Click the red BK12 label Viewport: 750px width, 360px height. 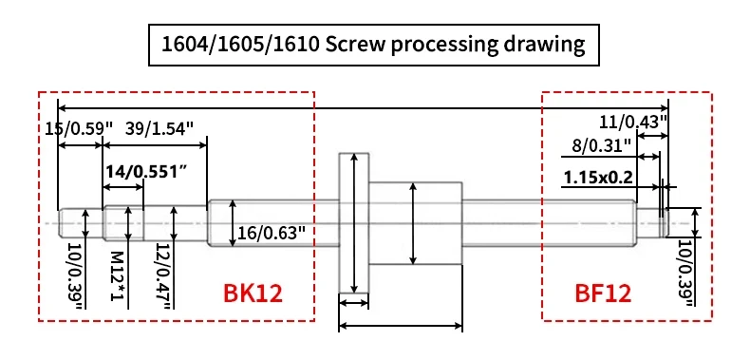253,294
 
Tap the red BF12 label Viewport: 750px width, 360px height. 603,294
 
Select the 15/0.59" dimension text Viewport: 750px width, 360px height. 79,128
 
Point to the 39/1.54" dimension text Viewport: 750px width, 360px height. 159,128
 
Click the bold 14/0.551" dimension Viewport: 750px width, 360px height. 145,172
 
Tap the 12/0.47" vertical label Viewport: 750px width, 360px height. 163,275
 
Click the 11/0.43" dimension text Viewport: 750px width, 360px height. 633,122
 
